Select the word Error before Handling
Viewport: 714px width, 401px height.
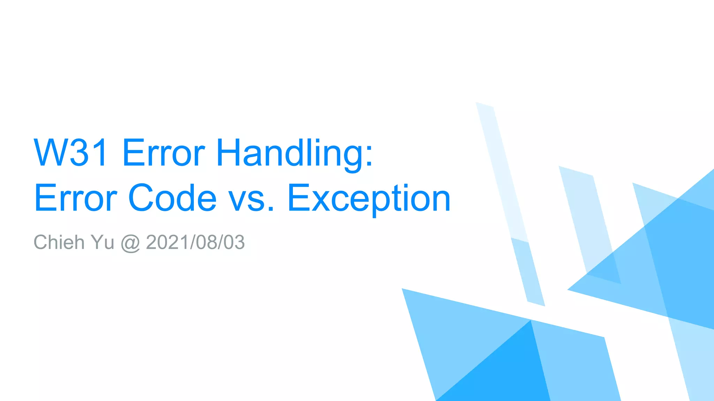pos(164,153)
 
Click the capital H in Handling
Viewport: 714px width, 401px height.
pos(228,153)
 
